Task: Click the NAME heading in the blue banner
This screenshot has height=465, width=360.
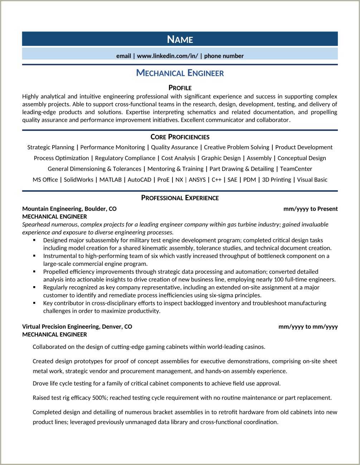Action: coord(180,39)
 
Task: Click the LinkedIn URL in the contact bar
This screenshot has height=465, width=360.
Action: coord(167,56)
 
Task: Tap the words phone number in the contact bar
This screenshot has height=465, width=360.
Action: coord(224,56)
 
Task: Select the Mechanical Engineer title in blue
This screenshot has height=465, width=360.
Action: coord(180,73)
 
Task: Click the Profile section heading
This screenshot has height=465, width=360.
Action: coord(180,88)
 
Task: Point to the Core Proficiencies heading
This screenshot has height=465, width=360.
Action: coord(180,137)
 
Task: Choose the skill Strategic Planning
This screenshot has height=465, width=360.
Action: coord(51,147)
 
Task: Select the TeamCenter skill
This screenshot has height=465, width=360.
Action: coord(296,169)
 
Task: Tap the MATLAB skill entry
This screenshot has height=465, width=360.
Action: coord(111,180)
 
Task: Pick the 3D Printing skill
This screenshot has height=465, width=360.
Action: coord(276,180)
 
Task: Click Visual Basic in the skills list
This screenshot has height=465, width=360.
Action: coord(312,180)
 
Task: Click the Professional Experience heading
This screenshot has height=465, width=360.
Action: coord(180,198)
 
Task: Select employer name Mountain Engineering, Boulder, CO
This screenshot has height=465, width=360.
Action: coord(69,209)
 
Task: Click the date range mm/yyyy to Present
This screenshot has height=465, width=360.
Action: coord(310,209)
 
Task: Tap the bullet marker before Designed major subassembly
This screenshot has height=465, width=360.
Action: coord(34,240)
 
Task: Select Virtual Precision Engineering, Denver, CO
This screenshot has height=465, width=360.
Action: coord(77,327)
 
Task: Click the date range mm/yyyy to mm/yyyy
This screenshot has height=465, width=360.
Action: coord(308,327)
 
